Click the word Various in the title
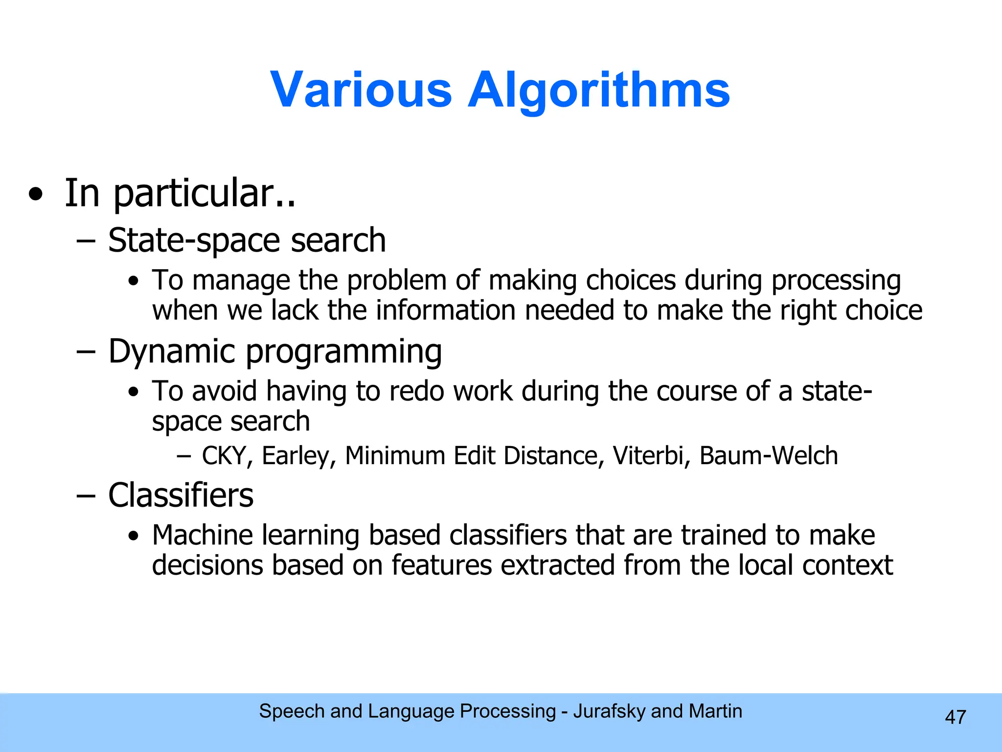click(x=361, y=90)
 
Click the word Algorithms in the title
click(x=598, y=90)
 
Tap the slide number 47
click(x=955, y=717)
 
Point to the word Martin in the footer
click(x=715, y=711)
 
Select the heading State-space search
click(x=247, y=241)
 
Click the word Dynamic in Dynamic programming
click(x=172, y=352)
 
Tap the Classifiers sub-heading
click(x=181, y=495)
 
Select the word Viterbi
click(x=651, y=456)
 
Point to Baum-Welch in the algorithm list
click(x=768, y=456)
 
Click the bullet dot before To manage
click(x=133, y=282)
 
